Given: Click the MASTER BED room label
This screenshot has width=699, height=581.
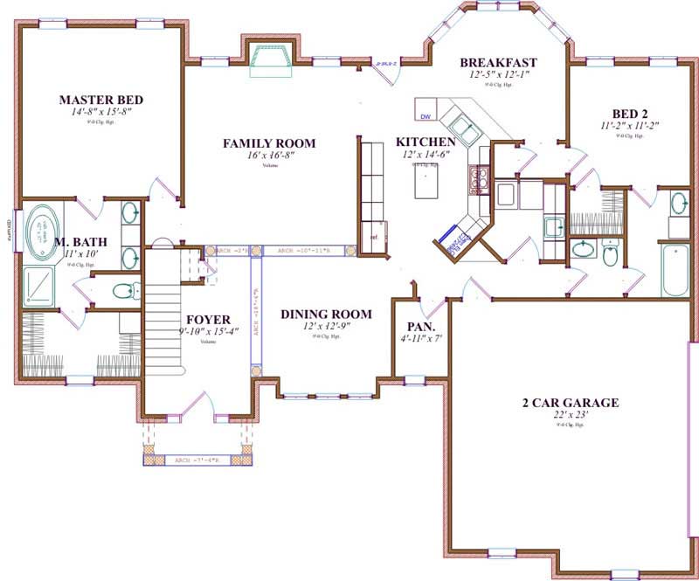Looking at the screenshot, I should coord(100,100).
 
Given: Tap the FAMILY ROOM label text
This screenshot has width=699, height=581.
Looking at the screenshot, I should coord(269,143).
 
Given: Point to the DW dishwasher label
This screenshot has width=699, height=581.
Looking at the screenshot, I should coord(426,115).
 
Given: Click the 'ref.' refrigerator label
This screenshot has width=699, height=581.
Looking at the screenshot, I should coord(374,237).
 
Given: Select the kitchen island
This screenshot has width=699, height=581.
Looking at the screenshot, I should coord(426,183).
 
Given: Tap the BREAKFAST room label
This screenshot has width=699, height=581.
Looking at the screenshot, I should coord(498,63).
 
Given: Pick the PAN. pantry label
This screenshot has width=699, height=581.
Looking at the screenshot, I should coord(416,324).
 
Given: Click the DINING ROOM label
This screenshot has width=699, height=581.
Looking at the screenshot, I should coord(326,314).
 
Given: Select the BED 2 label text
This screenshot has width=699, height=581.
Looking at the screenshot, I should coord(629,113).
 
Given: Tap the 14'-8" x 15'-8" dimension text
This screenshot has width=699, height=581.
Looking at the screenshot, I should coord(100,113).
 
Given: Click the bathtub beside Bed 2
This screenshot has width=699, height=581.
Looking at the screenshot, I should coord(675,271).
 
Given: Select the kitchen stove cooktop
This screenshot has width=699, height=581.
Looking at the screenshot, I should coord(478,178).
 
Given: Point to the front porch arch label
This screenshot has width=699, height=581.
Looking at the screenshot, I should coord(197,460).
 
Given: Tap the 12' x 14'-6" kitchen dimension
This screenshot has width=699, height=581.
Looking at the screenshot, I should coord(425,155).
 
